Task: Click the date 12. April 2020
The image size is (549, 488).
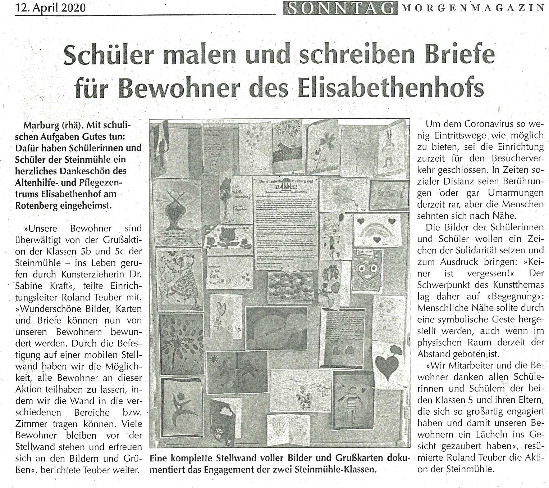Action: coord(50,7)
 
